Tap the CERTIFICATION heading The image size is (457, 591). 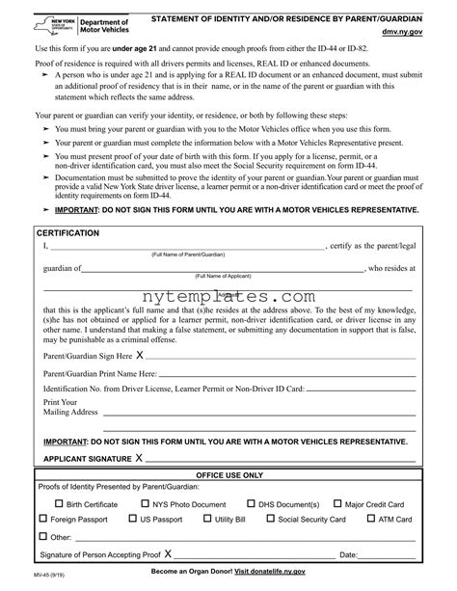tap(67, 233)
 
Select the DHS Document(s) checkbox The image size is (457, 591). tap(251, 504)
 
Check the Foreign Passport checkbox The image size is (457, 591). tap(42, 520)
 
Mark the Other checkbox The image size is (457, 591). tap(42, 536)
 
